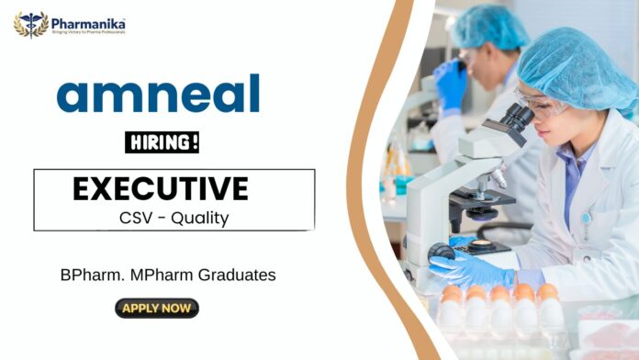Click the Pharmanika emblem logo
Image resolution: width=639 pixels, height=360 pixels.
[31, 25]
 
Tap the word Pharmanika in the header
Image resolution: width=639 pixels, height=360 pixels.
[87, 21]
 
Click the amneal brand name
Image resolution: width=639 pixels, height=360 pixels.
[158, 95]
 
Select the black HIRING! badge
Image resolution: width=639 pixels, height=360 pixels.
[162, 142]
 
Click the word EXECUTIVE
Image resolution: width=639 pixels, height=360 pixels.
[161, 188]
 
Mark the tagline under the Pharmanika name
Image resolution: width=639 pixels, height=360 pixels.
[88, 32]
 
